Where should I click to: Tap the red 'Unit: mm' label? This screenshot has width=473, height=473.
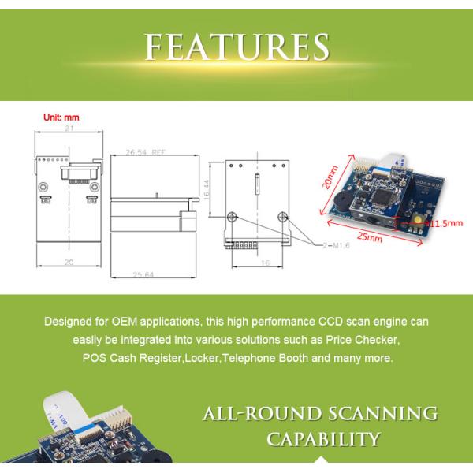pyautogui.click(x=60, y=118)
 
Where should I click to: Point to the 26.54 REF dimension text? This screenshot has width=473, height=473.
pyautogui.click(x=147, y=152)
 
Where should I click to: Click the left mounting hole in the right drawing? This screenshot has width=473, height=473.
pyautogui.click(x=232, y=218)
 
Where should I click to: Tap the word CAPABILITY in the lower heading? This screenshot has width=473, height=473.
pyautogui.click(x=324, y=438)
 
